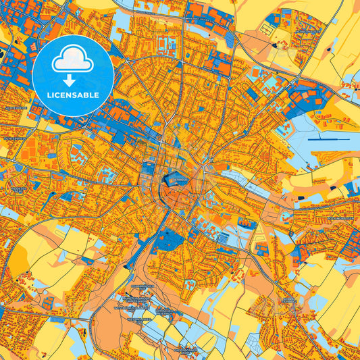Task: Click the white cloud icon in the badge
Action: [x=73, y=59]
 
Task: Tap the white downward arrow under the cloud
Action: [x=73, y=74]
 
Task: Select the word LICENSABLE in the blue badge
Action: [x=73, y=95]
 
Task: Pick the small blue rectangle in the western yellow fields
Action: [x=86, y=259]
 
